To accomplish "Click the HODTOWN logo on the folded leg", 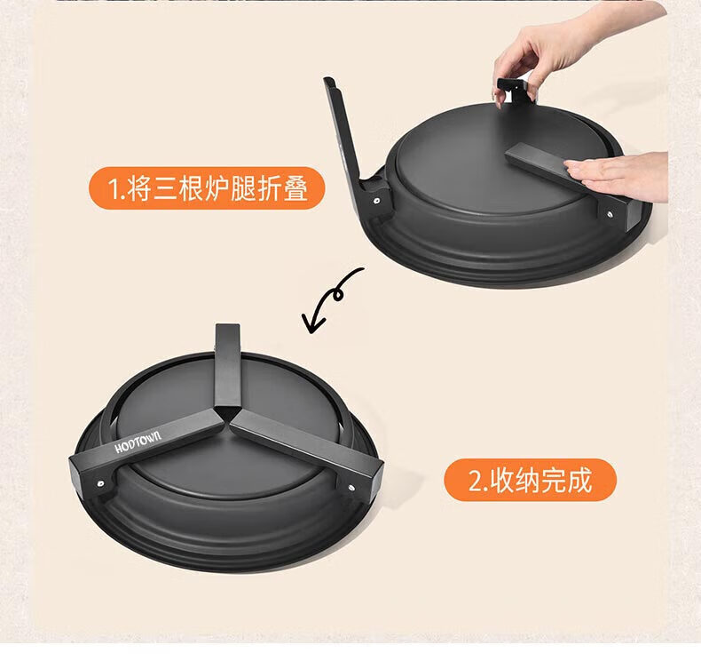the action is [x=138, y=442].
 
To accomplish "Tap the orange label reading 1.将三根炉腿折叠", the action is [x=207, y=188].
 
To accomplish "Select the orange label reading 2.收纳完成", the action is [x=530, y=480].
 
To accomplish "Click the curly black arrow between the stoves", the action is [x=333, y=299].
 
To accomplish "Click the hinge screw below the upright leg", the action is [x=377, y=201].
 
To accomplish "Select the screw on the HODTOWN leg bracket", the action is [x=101, y=483].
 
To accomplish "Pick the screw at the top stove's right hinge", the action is [x=610, y=215].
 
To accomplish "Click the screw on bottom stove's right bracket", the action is [x=352, y=487].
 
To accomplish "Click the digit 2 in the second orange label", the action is [x=475, y=481].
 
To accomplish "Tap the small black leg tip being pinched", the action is [x=512, y=90].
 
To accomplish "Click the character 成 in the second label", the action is [x=579, y=480].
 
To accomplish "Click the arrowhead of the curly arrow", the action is [x=311, y=323].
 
